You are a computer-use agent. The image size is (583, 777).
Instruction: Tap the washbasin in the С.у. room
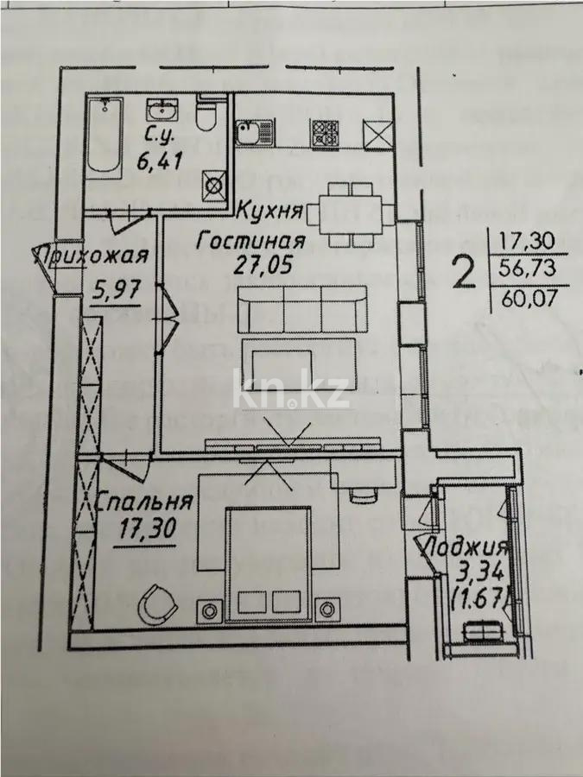point(162,110)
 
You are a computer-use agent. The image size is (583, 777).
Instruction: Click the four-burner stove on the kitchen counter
point(326,133)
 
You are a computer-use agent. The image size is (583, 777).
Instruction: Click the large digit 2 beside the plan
point(466,274)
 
